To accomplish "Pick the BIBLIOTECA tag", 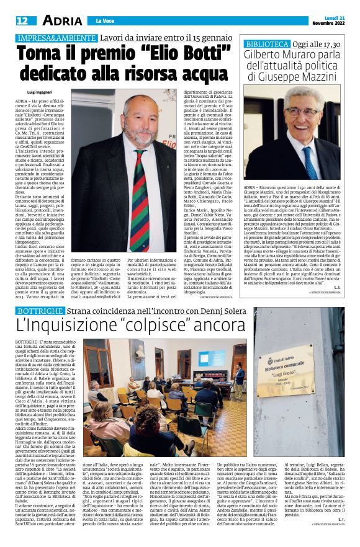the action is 267,44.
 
